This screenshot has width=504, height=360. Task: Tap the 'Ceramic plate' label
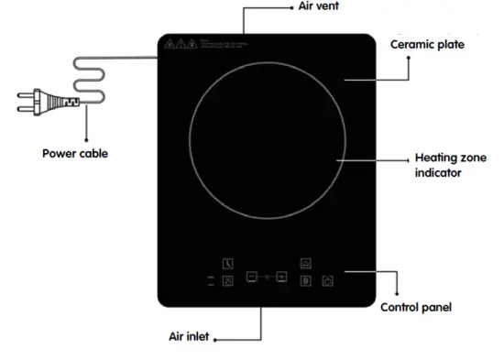tap(427, 44)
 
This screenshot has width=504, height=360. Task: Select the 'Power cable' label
tap(75, 153)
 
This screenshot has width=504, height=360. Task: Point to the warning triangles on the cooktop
tap(180, 43)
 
